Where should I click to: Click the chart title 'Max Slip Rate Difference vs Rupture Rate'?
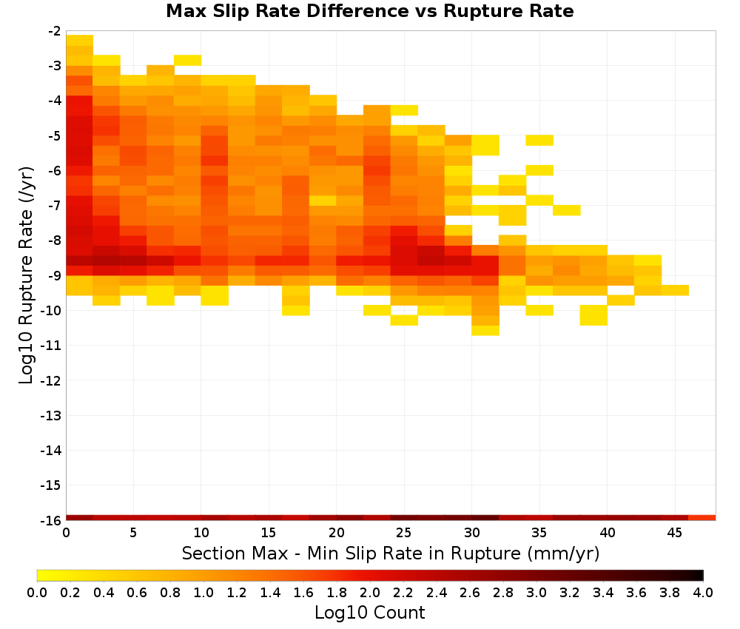tap(370, 11)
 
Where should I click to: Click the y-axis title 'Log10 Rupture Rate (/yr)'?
tap(26, 275)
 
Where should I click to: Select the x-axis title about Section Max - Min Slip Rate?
tap(391, 554)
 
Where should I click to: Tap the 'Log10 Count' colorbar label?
tap(370, 613)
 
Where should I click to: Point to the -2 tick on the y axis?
tap(54, 31)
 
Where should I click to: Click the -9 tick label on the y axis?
tap(54, 275)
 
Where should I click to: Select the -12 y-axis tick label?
tap(51, 380)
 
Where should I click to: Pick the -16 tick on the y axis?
tap(51, 520)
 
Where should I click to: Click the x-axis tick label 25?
tap(404, 533)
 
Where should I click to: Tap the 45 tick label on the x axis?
tap(674, 533)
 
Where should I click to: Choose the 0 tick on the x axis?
tap(66, 533)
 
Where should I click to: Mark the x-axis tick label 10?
tap(201, 533)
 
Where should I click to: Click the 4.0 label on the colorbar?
tap(703, 592)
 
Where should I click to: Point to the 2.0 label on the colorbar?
tap(370, 592)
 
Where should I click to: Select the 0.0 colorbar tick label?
tap(37, 592)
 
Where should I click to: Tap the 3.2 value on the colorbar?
tap(570, 592)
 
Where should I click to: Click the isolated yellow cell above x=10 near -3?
tap(188, 61)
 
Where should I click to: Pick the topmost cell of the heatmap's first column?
tap(80, 40)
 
